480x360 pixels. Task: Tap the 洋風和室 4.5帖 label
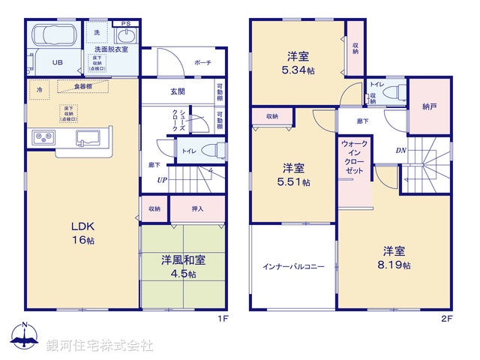(183, 268)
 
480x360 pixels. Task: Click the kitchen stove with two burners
(43, 138)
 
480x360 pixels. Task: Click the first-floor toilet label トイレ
(186, 150)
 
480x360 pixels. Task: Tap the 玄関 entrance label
(177, 91)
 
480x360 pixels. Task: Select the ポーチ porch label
(202, 63)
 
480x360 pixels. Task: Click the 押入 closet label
(197, 209)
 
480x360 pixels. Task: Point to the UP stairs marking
(161, 181)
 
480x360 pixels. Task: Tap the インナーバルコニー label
(293, 266)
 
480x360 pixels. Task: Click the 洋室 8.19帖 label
(394, 258)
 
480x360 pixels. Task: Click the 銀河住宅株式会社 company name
(100, 345)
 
